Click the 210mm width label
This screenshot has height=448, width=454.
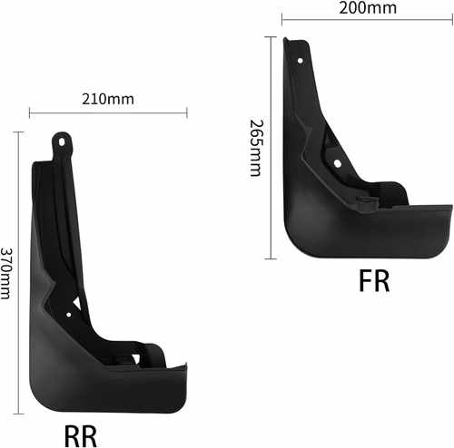108,99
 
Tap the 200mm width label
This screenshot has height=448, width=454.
368,8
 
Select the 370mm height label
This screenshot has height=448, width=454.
5,274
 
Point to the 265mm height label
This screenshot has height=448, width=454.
256,148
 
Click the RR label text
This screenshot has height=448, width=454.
81,436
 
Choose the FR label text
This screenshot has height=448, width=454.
374,281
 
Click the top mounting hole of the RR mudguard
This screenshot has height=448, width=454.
62,141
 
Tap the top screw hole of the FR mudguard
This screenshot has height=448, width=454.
300,61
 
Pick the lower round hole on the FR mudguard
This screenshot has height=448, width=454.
337,164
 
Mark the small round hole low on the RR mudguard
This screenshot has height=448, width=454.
69,315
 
